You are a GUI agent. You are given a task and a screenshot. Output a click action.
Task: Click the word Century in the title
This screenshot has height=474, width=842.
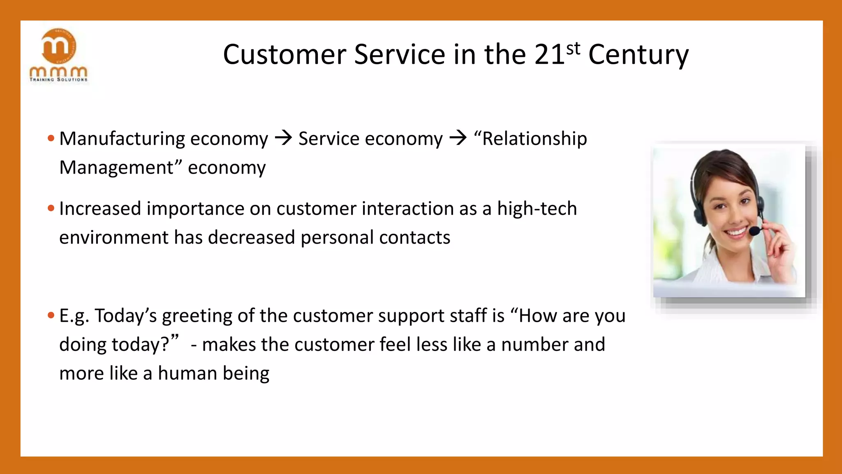[638, 55]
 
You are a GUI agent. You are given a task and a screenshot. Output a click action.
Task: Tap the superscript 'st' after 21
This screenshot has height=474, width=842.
[573, 49]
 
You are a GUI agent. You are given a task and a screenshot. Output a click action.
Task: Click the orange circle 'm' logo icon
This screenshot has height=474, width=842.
[59, 46]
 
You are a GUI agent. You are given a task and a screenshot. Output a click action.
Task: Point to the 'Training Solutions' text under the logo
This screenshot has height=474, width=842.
[58, 79]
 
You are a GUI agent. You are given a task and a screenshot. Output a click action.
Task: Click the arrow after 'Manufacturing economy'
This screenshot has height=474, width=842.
[283, 138]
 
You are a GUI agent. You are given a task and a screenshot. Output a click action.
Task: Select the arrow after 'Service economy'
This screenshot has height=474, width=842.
[458, 138]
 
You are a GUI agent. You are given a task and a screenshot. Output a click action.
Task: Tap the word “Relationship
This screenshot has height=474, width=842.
[530, 139]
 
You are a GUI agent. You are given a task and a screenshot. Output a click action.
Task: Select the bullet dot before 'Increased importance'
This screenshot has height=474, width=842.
[51, 208]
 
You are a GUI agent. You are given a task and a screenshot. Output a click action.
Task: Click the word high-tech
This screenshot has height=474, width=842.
[537, 209]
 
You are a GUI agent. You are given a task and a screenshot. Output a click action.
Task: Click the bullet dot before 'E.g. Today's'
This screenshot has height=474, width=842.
[51, 316]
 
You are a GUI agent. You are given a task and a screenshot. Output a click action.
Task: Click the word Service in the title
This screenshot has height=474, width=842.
[399, 55]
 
